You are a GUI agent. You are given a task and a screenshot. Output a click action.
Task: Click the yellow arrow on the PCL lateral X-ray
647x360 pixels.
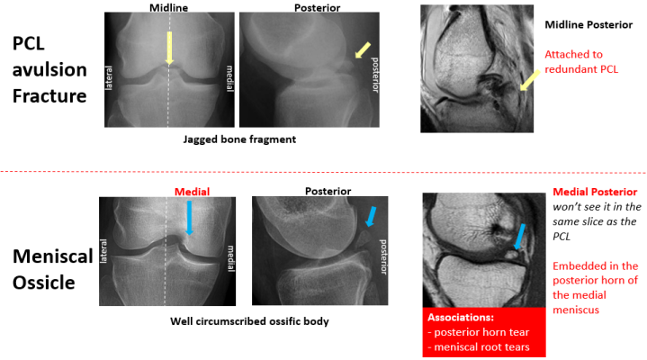pos(362,51)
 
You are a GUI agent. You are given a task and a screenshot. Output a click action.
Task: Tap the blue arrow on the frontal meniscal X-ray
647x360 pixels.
pos(188,219)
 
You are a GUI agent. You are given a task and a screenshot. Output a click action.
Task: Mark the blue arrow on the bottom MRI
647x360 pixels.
pos(519,237)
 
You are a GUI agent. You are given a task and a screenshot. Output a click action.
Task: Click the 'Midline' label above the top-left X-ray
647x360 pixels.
pos(168,7)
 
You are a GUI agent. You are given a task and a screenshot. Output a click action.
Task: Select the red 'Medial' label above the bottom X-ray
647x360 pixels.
pos(192,191)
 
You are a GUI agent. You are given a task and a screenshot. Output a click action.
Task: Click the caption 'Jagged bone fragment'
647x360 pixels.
pos(238,139)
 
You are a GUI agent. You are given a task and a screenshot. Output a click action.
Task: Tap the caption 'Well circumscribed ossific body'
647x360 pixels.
pos(239,320)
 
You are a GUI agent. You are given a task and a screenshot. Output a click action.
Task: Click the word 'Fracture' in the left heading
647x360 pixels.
pos(49,94)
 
